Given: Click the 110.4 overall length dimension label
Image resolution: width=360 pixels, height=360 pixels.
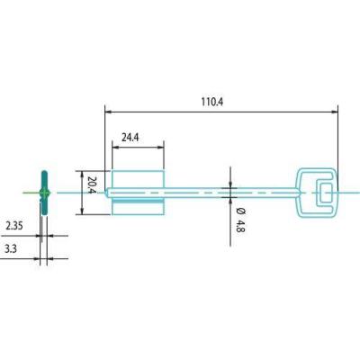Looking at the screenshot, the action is [212, 102].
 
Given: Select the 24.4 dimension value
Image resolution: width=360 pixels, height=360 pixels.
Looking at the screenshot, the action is [130, 138].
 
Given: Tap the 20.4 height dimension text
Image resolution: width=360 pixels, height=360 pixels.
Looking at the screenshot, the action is [92, 184].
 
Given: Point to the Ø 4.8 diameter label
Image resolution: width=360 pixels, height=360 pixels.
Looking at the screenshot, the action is [240, 220].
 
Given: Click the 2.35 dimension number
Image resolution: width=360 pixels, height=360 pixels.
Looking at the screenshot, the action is [14, 226].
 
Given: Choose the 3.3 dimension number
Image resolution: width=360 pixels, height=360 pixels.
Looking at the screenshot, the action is [11, 248].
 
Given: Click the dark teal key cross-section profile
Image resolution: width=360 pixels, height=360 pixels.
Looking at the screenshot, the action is [44, 193].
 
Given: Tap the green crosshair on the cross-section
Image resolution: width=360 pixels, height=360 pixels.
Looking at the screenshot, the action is [44, 193].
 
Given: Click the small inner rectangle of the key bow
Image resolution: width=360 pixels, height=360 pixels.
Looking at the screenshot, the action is [326, 184].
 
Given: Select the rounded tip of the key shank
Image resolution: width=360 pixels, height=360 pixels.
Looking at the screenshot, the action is [106, 193].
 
